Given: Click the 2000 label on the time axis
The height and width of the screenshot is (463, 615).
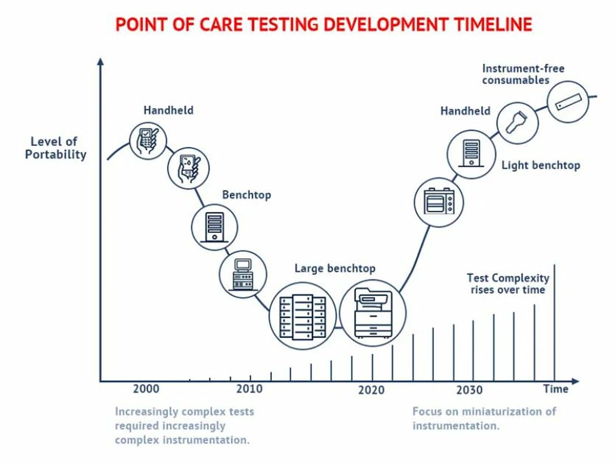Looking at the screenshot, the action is coord(146,389).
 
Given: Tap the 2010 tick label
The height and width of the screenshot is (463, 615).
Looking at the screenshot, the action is coord(250,389).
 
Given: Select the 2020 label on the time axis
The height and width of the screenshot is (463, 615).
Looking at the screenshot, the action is coord(371,390).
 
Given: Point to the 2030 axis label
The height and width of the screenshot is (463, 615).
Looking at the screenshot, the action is coord(469,390).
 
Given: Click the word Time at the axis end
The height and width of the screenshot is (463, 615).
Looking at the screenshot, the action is coord(556,389).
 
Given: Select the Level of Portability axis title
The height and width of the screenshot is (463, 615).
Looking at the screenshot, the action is coord(55,148).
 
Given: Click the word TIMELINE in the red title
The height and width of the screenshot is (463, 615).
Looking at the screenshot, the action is coord(493,24).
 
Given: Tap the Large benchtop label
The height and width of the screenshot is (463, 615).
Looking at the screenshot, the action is coord(335,268).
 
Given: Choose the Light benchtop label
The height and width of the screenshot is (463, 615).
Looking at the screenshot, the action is coord(541,165).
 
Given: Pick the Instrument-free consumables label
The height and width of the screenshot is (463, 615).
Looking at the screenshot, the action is coord(523,74).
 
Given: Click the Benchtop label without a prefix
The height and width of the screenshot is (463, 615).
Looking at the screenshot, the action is coord(246,195).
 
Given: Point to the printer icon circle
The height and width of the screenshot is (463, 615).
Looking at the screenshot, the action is coord(373,313).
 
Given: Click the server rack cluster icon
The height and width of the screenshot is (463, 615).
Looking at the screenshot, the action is coord(303,316).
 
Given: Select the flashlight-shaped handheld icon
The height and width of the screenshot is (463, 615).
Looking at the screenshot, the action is coord(517,123).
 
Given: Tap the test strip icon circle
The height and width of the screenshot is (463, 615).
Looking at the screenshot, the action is coord(568,102).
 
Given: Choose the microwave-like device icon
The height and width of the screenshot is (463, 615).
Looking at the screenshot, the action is coord(439,202).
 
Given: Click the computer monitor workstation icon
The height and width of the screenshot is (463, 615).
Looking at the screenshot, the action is coord(243,274).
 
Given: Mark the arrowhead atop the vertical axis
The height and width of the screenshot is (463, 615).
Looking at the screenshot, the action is coord(100,61).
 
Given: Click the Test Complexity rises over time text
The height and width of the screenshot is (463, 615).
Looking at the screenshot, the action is coord(508,284).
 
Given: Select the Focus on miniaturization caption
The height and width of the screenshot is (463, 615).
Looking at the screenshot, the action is coord(484,419).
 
